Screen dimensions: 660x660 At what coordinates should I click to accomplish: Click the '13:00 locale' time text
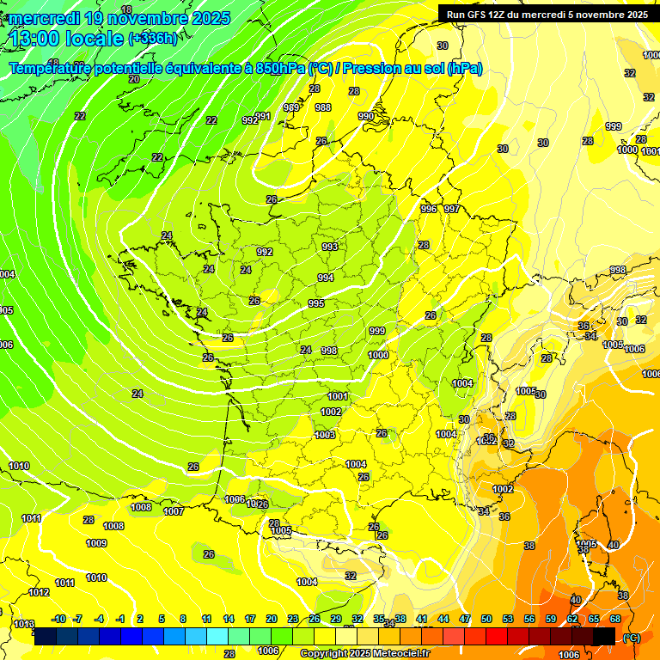tap(67, 38)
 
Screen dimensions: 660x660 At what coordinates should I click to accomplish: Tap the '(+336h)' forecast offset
tap(153, 38)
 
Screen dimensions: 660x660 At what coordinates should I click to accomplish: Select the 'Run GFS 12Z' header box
tap(547, 14)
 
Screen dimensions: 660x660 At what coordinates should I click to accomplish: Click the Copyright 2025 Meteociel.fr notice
tap(365, 653)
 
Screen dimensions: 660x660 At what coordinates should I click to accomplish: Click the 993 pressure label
tap(329, 247)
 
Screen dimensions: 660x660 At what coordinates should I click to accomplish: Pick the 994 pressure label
tap(326, 278)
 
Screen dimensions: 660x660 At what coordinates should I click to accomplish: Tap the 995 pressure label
tap(316, 304)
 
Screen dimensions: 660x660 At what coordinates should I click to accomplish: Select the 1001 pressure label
tap(338, 396)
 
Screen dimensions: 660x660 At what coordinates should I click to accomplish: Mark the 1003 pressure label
tap(325, 435)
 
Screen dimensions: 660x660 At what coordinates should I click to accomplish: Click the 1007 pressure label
tap(174, 511)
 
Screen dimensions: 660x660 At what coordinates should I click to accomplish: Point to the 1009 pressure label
tap(96, 543)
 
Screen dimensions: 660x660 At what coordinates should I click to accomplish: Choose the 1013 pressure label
tap(24, 624)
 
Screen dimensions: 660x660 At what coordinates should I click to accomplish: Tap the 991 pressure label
tap(263, 116)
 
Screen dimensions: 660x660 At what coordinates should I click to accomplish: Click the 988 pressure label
tap(323, 107)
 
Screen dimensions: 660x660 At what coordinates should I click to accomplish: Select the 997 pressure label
tap(451, 209)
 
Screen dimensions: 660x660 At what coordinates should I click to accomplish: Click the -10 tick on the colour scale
tap(58, 619)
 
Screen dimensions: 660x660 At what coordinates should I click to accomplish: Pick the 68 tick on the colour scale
tap(615, 619)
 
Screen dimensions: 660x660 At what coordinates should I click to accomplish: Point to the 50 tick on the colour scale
tap(486, 619)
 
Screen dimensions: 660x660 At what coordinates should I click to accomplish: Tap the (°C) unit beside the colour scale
tap(632, 637)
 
